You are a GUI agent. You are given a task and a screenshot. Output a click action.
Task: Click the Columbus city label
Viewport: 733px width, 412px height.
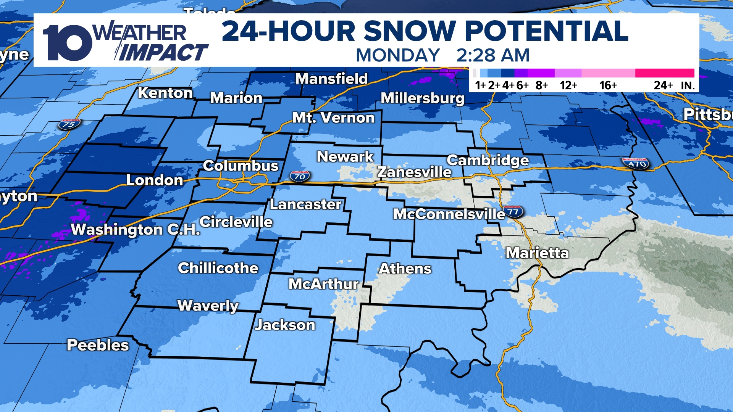(x=241, y=166)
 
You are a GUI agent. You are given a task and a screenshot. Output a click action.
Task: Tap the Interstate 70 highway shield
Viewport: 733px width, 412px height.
(x=300, y=176)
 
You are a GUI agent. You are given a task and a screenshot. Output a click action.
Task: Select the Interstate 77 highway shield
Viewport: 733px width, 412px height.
(x=513, y=211)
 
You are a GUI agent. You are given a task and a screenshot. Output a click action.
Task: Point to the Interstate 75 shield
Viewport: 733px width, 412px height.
(x=69, y=124)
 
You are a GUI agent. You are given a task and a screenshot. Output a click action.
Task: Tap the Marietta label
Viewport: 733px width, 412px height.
(x=537, y=253)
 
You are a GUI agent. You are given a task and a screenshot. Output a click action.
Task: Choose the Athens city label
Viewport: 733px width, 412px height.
(x=405, y=269)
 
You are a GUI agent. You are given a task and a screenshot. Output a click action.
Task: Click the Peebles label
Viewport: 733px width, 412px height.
(x=98, y=345)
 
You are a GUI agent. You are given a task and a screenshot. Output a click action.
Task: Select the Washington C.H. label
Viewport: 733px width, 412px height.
(x=136, y=230)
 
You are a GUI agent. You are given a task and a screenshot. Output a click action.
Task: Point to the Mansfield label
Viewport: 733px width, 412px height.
(x=331, y=79)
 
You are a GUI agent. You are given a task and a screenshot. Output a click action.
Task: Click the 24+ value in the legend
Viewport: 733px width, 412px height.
(x=663, y=85)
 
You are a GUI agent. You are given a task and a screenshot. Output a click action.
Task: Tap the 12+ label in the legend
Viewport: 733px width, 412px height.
(x=568, y=85)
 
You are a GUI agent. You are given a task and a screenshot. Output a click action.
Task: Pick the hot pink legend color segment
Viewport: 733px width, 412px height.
(x=664, y=73)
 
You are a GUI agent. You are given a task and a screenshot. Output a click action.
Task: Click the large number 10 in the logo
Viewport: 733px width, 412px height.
(x=67, y=43)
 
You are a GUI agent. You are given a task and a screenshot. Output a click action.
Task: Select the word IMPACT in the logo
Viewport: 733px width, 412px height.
(x=163, y=53)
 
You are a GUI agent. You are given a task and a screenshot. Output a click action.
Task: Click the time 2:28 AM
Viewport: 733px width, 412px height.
(x=493, y=56)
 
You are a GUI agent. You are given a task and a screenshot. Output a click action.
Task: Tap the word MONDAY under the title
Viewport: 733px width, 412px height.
(x=398, y=56)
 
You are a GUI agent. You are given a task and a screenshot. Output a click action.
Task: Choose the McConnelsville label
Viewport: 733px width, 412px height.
(x=449, y=214)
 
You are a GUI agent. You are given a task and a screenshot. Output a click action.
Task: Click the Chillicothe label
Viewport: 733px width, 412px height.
(x=218, y=268)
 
